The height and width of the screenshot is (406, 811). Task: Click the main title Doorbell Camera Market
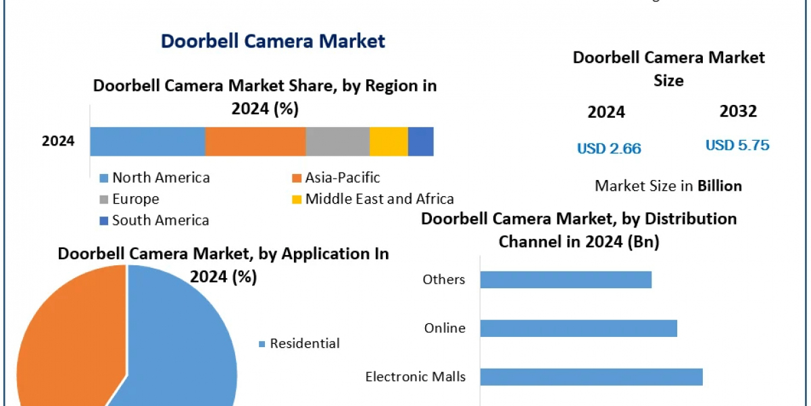click(x=273, y=41)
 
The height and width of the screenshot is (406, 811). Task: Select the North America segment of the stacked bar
click(x=147, y=141)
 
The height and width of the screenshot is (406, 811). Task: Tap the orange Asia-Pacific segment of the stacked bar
click(x=255, y=141)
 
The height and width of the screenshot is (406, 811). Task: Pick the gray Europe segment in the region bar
click(x=337, y=141)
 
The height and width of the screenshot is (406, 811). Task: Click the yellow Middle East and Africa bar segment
click(x=389, y=141)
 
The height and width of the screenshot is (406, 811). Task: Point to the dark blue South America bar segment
click(x=420, y=141)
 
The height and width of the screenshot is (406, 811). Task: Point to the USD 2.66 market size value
click(x=609, y=149)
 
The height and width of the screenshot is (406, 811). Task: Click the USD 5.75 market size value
click(x=737, y=145)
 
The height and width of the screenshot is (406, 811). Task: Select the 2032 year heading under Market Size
click(x=738, y=112)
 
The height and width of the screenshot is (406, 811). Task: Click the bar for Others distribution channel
click(x=566, y=279)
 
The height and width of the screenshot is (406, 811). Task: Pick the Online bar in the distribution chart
click(x=579, y=328)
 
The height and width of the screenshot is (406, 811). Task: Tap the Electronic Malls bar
click(x=591, y=377)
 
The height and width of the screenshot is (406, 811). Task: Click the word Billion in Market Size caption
click(x=720, y=186)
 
